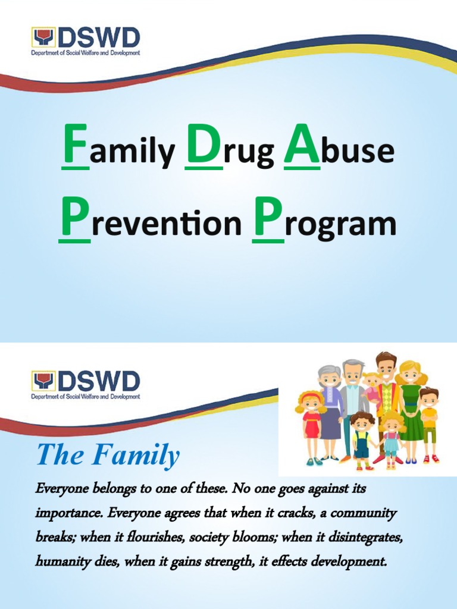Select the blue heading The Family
108,456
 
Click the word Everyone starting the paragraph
61,489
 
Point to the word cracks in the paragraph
313,513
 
